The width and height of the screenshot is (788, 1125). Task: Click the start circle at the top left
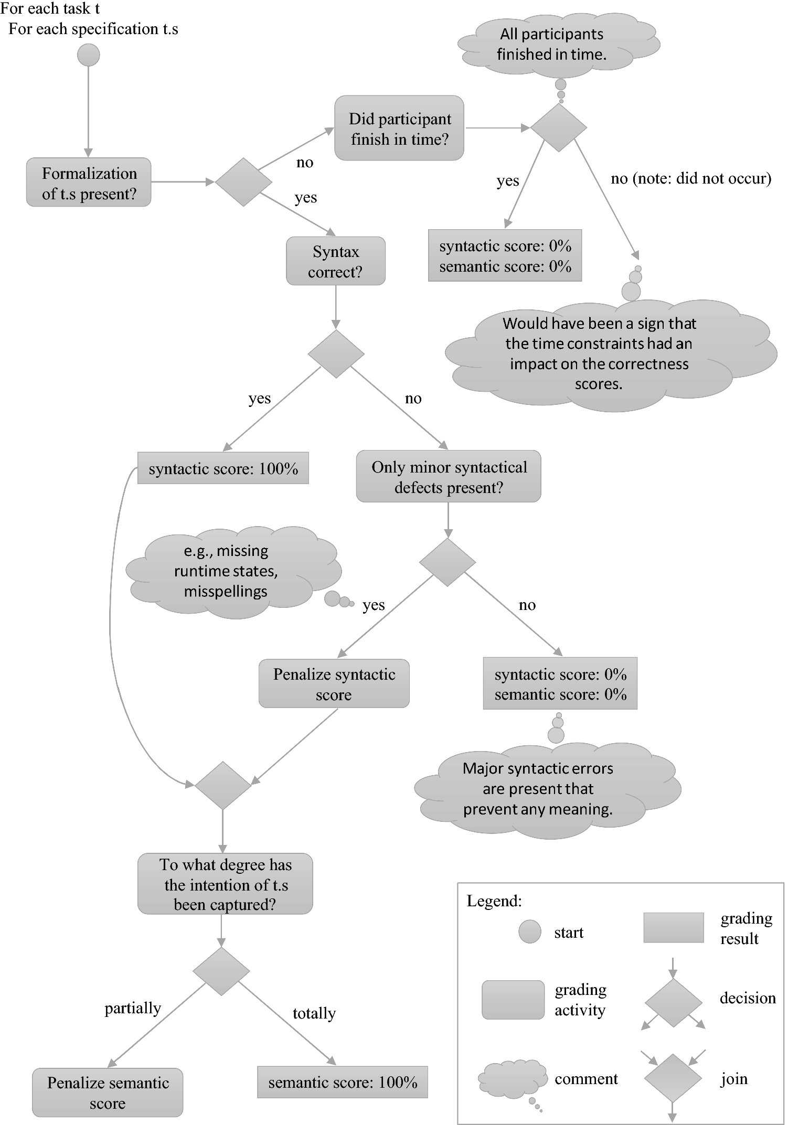tap(88, 55)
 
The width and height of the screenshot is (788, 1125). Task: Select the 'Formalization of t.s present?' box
tap(89, 183)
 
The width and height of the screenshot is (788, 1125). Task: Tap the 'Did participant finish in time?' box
tap(399, 128)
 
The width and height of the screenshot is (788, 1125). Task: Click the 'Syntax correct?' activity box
tap(335, 261)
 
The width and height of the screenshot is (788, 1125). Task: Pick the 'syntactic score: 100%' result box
tap(223, 468)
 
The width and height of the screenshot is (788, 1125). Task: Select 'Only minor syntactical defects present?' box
tap(449, 477)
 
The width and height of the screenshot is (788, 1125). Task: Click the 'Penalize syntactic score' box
tap(334, 684)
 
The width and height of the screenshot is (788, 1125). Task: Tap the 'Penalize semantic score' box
tap(108, 1092)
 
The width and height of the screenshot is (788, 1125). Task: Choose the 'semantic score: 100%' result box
tap(343, 1082)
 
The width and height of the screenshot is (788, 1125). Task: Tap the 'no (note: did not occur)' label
tap(690, 179)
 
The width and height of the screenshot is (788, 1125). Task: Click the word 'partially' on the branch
tap(133, 1008)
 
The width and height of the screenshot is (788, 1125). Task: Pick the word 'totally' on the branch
tap(314, 1013)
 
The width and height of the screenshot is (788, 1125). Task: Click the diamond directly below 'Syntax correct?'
tap(336, 353)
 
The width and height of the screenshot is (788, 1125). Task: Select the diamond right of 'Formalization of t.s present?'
tap(243, 182)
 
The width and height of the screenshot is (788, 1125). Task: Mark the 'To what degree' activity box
tap(225, 885)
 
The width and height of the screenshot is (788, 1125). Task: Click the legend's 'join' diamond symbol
tap(673, 1078)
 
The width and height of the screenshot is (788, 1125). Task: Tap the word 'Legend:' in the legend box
tap(494, 901)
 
